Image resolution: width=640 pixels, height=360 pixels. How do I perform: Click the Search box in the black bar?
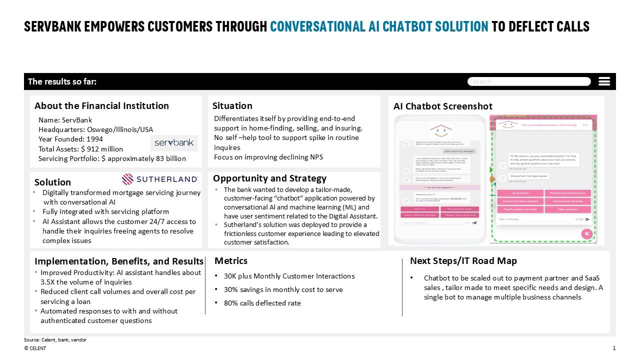[528, 81]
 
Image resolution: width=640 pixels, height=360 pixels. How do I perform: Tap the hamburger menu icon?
[604, 81]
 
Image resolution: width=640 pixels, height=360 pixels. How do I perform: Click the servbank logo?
[174, 143]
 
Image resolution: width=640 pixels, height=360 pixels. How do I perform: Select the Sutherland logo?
[160, 179]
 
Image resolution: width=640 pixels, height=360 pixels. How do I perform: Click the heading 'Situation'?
[232, 105]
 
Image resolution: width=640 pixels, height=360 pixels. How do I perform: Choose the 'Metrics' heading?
[230, 260]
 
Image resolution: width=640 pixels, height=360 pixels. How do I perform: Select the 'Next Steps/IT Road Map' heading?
[463, 260]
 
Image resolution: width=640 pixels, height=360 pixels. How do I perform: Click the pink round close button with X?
[586, 233]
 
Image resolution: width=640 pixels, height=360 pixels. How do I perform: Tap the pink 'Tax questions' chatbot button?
[520, 193]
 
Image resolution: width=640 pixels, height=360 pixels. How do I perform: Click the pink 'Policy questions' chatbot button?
[567, 209]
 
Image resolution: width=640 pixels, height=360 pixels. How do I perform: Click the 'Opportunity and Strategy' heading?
[269, 178]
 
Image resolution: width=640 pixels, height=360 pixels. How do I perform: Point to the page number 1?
[614, 348]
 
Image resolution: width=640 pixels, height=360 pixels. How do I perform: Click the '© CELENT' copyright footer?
[35, 348]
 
